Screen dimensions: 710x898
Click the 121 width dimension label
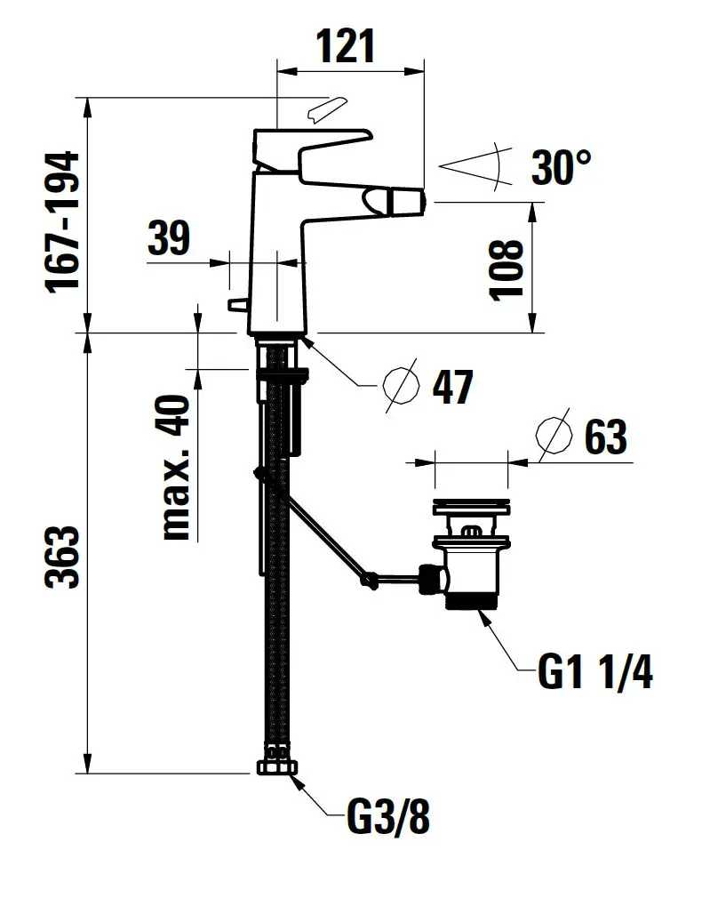pyautogui.click(x=347, y=46)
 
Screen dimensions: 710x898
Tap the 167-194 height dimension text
pyautogui.click(x=62, y=222)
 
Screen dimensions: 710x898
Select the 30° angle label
pyautogui.click(x=561, y=167)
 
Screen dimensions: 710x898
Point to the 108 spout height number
pyautogui.click(x=507, y=269)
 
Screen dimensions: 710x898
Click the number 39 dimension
pyautogui.click(x=169, y=237)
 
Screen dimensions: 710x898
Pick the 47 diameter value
pyautogui.click(x=452, y=387)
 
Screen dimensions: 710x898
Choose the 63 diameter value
pyautogui.click(x=606, y=437)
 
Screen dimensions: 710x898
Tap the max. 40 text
pyautogui.click(x=176, y=468)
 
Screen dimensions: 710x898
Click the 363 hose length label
pyautogui.click(x=62, y=556)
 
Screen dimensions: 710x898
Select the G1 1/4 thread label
pyautogui.click(x=594, y=672)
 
